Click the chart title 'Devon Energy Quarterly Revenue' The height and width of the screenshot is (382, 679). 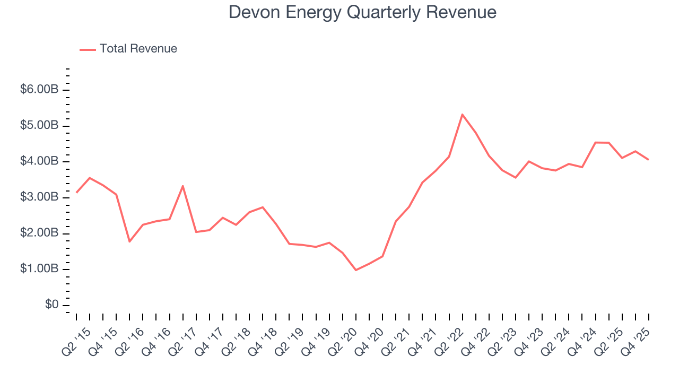[362, 12]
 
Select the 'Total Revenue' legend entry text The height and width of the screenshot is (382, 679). [138, 49]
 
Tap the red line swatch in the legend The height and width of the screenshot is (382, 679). [88, 49]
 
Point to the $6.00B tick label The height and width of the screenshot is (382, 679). [39, 90]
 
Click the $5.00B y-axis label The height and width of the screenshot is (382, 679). [39, 126]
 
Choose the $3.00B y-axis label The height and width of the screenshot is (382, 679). [39, 197]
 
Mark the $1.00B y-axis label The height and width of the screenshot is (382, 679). [39, 269]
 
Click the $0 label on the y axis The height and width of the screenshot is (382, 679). [51, 305]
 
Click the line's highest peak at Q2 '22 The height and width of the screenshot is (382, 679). [462, 114]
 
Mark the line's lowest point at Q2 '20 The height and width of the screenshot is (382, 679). [356, 270]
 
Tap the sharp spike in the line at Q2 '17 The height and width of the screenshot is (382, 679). [182, 186]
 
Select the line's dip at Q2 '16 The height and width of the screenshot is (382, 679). [129, 241]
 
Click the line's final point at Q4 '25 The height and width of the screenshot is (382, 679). [648, 159]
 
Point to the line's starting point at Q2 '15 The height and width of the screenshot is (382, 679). [76, 192]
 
